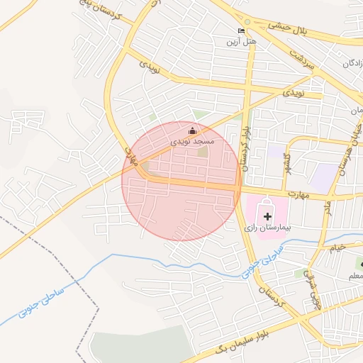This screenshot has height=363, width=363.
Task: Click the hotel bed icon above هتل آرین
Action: (x=241, y=31)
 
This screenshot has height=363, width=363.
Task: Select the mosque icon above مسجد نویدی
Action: (x=192, y=130)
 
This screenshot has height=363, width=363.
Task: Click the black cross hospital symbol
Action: (x=267, y=216)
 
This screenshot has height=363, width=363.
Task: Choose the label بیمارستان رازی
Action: (x=268, y=228)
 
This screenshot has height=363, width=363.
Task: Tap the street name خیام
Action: (x=336, y=248)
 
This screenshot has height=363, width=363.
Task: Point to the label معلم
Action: (x=352, y=277)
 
